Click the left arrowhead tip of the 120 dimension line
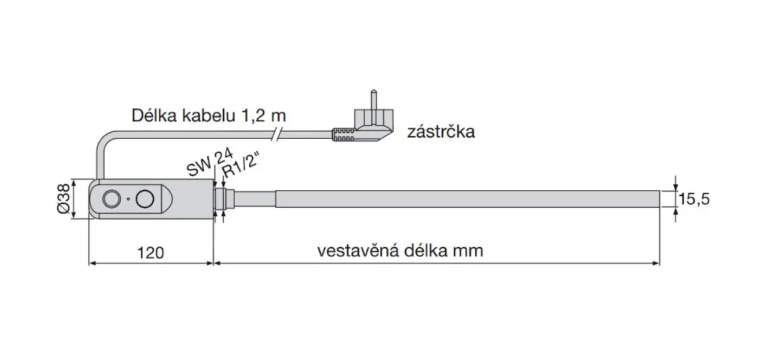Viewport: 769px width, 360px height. [90, 263]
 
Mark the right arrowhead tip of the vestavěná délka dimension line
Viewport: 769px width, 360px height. [660, 263]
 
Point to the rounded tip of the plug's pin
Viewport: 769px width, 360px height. [374, 91]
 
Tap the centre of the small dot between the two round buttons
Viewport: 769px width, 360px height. [128, 199]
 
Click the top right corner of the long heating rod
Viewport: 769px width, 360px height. [660, 191]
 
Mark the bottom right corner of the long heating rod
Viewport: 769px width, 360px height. [660, 207]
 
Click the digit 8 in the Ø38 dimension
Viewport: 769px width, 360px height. [64, 188]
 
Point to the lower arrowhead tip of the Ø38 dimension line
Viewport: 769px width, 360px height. [74, 219]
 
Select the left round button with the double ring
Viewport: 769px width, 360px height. [111, 199]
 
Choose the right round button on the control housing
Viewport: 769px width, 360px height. [145, 199]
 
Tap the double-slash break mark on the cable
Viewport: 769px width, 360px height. [277, 134]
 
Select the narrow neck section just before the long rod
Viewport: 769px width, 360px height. [255, 199]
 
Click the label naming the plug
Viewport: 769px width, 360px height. [441, 132]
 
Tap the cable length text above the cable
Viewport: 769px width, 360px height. [209, 115]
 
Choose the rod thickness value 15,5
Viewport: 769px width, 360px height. [694, 199]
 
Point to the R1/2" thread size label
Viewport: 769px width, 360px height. [240, 166]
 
